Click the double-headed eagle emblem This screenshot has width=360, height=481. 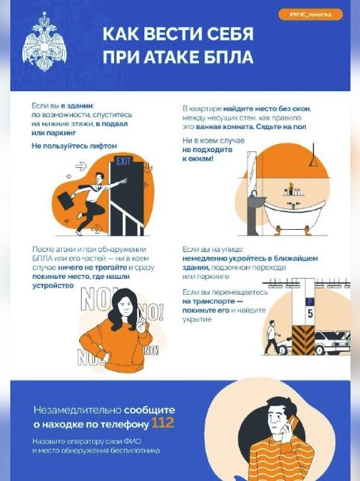click(x=44, y=41)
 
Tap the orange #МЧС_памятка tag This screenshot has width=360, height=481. click(x=310, y=14)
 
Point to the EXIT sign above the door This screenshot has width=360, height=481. click(x=123, y=161)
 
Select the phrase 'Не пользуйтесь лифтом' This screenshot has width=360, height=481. click(x=75, y=146)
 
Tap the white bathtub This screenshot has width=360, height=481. click(x=294, y=216)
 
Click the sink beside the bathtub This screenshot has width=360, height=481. click(x=256, y=202)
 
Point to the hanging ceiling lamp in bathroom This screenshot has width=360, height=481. click(x=314, y=155)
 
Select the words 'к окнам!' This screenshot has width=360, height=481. click(x=197, y=159)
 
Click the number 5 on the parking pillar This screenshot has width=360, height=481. click(x=310, y=314)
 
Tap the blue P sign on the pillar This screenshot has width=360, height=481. click(x=309, y=302)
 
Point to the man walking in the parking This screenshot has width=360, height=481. click(x=272, y=338)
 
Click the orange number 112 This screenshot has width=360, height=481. click(x=163, y=423)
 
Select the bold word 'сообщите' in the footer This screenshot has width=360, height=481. click(x=149, y=410)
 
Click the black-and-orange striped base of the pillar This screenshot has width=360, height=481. click(x=304, y=340)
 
